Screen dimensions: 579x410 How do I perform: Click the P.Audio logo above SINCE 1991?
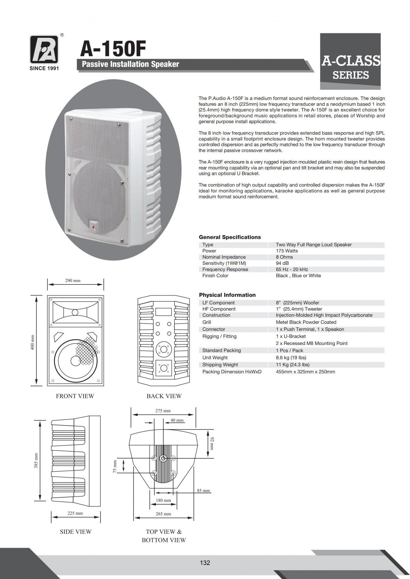point(44,49)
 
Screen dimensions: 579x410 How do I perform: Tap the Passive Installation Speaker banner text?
point(130,64)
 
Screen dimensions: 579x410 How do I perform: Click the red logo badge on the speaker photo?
point(93,226)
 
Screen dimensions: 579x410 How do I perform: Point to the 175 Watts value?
point(287,251)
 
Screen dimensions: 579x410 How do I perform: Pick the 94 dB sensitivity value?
point(282,263)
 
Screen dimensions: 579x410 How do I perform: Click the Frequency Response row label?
point(225,269)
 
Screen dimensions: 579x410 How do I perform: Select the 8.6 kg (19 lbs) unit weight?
point(291,358)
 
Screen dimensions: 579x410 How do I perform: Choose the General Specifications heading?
point(230,237)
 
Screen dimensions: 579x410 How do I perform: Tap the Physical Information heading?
point(227,295)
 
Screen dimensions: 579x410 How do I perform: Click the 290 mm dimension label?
point(73,280)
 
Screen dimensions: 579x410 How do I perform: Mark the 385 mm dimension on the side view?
point(36,461)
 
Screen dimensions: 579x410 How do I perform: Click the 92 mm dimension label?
point(212,443)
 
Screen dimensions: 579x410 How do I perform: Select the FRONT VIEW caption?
point(75,396)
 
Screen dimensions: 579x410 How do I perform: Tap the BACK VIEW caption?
point(164,396)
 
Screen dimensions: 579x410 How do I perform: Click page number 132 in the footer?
point(205,563)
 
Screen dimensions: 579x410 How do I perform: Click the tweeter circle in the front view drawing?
point(75,312)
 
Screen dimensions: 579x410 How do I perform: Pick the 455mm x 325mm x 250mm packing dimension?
point(305,372)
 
